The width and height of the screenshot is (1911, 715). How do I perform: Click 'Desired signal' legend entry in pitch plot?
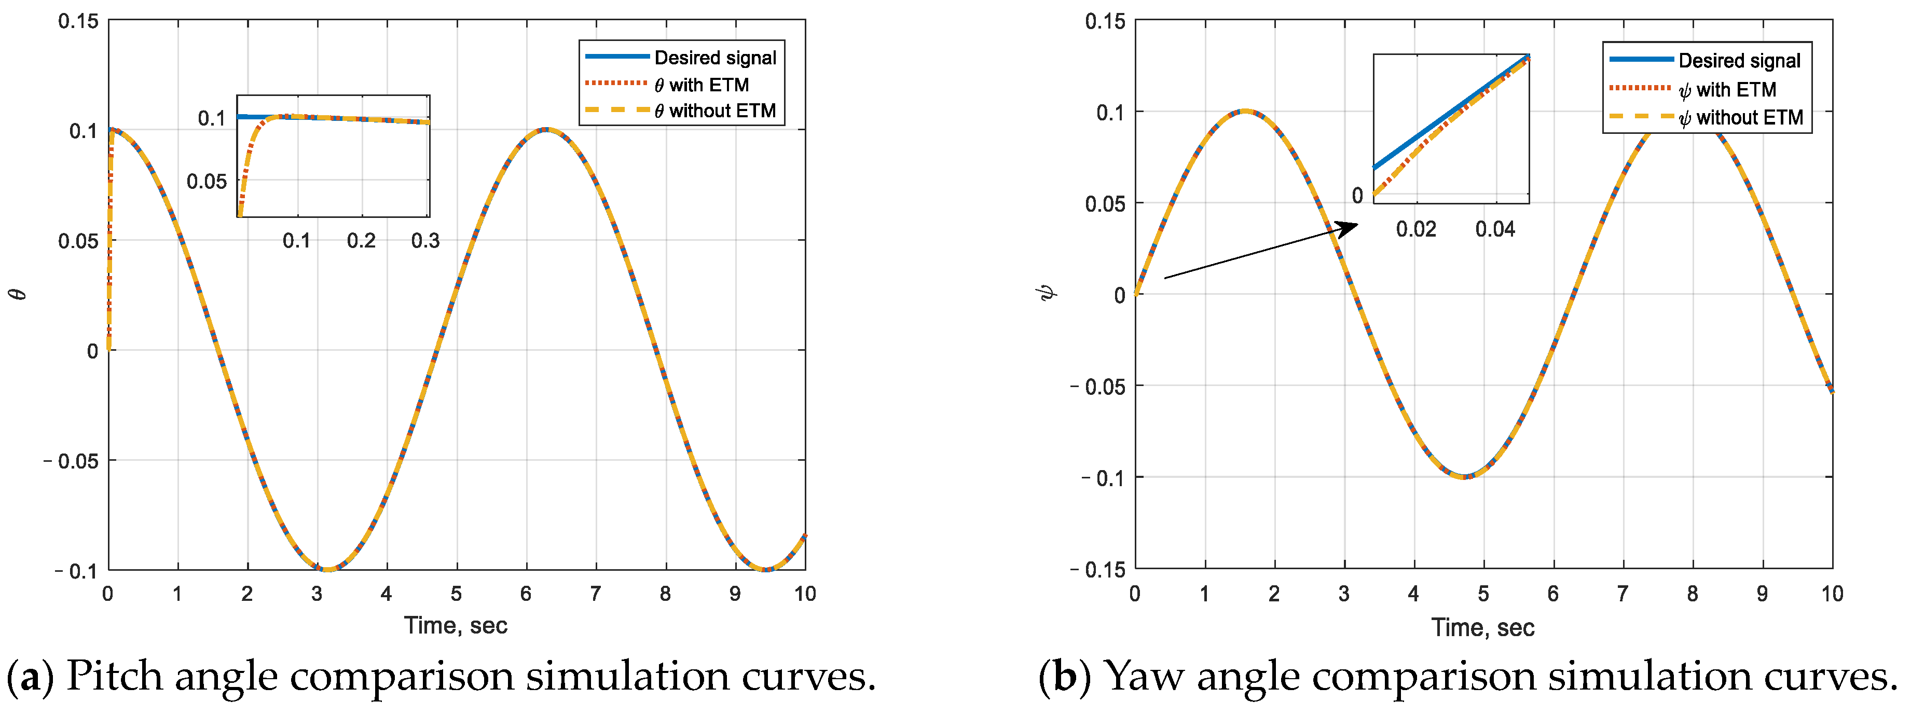click(x=714, y=58)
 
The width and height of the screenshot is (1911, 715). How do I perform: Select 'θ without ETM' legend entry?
click(x=714, y=111)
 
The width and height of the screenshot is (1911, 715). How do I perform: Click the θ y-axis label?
click(x=19, y=294)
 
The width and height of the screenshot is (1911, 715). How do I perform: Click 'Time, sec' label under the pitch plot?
click(x=456, y=625)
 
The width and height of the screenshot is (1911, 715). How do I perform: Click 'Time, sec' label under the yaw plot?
click(x=1482, y=627)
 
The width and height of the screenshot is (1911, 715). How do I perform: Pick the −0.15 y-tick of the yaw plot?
click(x=1098, y=570)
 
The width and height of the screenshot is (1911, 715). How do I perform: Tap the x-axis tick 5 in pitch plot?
click(x=456, y=594)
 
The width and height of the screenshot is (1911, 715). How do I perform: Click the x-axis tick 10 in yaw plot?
click(x=1832, y=594)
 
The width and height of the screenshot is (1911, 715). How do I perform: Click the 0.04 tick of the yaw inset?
click(x=1495, y=229)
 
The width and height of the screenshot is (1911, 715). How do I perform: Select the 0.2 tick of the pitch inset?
click(x=361, y=240)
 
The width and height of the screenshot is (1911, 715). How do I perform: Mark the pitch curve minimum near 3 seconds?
click(x=326, y=569)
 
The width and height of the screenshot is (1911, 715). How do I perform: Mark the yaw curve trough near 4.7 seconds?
click(x=1464, y=477)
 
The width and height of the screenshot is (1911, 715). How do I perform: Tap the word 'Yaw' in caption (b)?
click(x=1145, y=677)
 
